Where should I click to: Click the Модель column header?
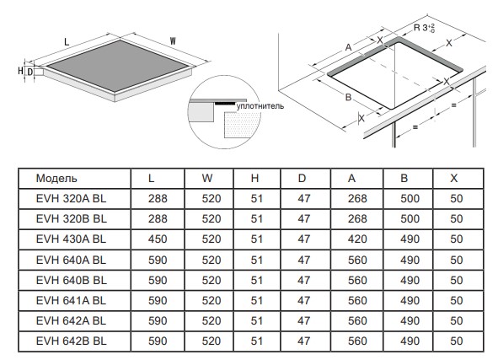point(56,178)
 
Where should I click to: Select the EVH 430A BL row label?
point(71,239)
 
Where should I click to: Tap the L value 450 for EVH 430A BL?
point(158,239)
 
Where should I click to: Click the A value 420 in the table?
point(357,239)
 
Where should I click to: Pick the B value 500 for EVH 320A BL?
point(410,199)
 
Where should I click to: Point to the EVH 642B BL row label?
point(72,341)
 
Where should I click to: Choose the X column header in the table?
point(454,178)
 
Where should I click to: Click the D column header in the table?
point(302,178)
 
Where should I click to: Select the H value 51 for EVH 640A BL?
point(257,260)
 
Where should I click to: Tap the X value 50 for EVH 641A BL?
point(457,300)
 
